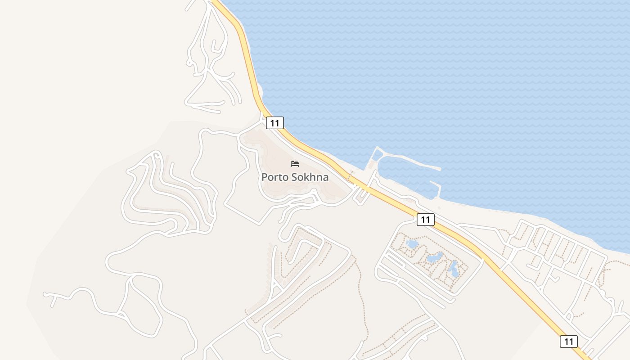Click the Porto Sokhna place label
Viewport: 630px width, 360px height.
click(295, 177)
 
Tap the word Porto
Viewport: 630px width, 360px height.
click(275, 177)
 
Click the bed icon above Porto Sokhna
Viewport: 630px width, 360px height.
click(295, 164)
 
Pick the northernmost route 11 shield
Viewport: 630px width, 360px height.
click(275, 122)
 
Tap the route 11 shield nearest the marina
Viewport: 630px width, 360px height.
click(425, 220)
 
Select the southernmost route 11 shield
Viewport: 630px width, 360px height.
click(569, 342)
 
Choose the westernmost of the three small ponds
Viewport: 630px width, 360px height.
click(412, 244)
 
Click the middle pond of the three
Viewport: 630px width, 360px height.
click(435, 258)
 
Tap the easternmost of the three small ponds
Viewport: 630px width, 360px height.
click(454, 269)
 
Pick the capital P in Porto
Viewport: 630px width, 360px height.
click(265, 177)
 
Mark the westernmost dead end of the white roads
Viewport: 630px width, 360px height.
click(45, 294)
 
